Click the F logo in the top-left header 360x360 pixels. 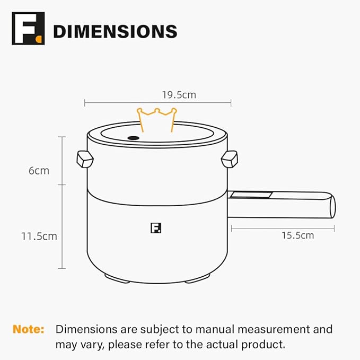point(29,29)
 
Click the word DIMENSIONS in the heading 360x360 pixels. point(115,31)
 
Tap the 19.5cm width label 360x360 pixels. point(179,95)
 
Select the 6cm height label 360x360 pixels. point(39,171)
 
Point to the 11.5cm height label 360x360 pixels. point(39,236)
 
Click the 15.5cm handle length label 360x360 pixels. point(297,235)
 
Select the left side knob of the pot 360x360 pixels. point(85,158)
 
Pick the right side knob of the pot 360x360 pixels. point(230,158)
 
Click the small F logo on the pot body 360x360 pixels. point(155,229)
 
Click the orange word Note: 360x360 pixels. point(29,329)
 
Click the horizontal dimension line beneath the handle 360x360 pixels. point(283,229)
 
